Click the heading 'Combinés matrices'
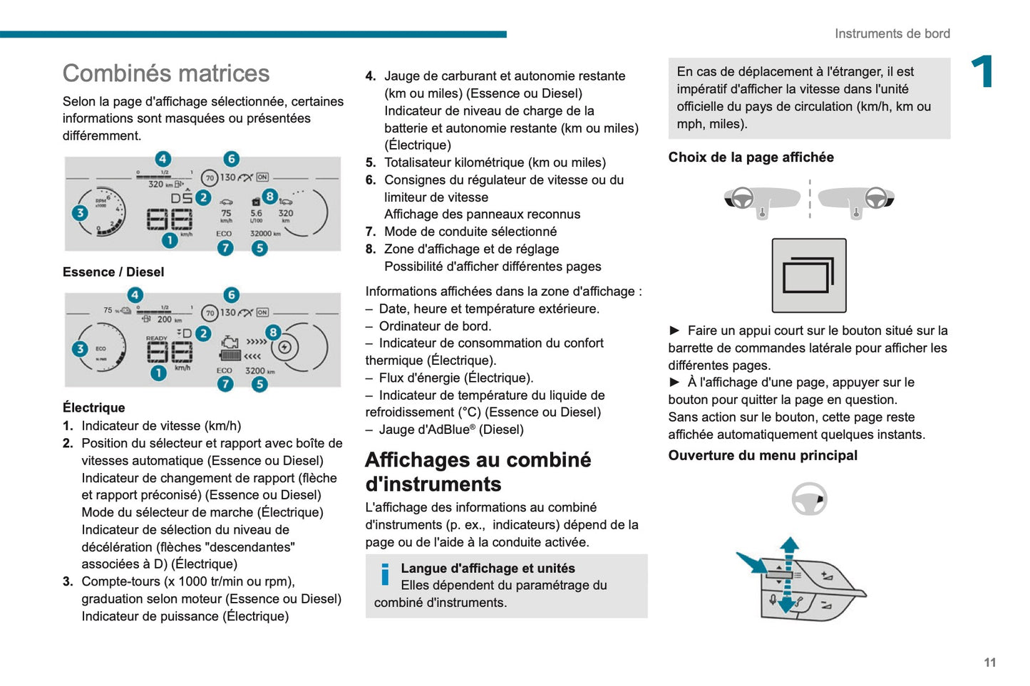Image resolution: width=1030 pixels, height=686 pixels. click(x=166, y=73)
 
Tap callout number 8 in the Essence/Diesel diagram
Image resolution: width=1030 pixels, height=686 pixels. click(x=269, y=196)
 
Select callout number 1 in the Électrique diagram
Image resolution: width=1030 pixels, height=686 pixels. click(x=158, y=373)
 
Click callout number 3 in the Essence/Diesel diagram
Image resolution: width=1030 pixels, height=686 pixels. click(x=80, y=212)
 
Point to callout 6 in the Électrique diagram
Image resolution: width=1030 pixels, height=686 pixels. click(x=231, y=295)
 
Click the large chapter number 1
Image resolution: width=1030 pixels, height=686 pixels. click(x=983, y=72)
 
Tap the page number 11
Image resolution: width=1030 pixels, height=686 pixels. click(x=989, y=662)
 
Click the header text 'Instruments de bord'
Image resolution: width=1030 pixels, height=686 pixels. click(x=892, y=33)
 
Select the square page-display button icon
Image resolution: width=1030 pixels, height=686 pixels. click(x=809, y=276)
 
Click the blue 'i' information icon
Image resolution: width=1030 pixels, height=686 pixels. click(x=385, y=574)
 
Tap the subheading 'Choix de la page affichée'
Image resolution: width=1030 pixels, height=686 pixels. click(x=751, y=157)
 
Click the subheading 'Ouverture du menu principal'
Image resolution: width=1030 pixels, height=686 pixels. click(x=763, y=455)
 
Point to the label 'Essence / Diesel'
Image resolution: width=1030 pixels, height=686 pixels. click(x=113, y=272)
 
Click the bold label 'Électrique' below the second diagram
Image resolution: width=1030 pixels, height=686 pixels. click(x=93, y=407)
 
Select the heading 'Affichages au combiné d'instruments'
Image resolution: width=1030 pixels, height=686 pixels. click(x=478, y=472)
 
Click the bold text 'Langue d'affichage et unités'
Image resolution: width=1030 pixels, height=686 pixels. click(x=488, y=568)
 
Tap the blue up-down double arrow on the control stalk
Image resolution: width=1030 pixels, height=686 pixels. click(x=788, y=575)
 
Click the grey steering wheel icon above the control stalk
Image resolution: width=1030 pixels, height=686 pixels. click(x=809, y=499)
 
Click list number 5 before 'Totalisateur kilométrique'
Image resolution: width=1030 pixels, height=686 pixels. click(x=370, y=162)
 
